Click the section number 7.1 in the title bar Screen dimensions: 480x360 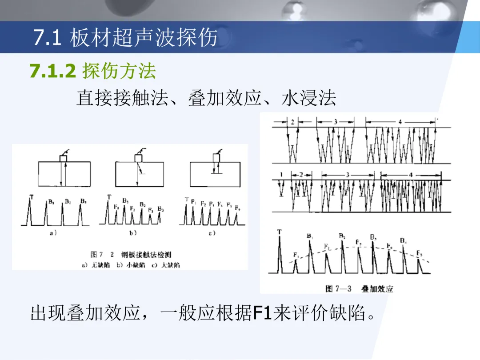click(x=47, y=38)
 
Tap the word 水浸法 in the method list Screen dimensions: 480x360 click(x=309, y=98)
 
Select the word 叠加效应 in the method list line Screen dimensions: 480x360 click(x=224, y=98)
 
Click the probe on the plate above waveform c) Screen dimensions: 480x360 click(x=216, y=157)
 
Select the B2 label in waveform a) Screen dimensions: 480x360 click(x=68, y=201)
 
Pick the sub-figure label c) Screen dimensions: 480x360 click(x=212, y=233)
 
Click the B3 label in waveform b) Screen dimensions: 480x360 click(x=161, y=209)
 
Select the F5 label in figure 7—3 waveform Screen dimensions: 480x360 click(x=419, y=253)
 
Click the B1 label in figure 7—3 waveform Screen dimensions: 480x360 click(x=310, y=236)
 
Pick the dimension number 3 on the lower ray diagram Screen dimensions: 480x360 click(x=348, y=175)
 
